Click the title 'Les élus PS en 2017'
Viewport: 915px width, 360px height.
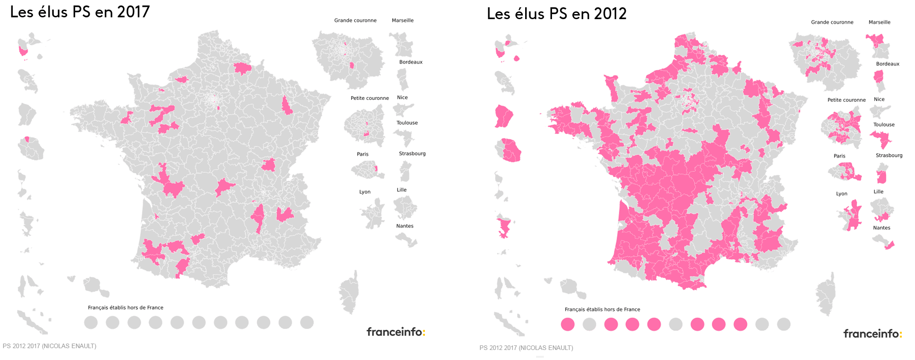tap(80, 12)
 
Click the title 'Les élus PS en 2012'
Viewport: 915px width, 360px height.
tap(557, 14)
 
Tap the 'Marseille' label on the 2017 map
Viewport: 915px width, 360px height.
tap(403, 21)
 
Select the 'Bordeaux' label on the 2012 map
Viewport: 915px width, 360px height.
tap(888, 64)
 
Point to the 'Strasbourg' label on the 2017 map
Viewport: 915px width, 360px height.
tap(412, 154)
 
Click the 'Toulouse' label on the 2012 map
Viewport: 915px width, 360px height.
tap(884, 124)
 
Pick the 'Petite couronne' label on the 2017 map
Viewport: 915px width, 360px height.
tap(369, 98)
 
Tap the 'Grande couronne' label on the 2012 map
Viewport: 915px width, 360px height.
tap(832, 22)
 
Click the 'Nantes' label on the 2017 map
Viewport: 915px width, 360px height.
tap(405, 226)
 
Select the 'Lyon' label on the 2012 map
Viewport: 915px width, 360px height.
tap(842, 194)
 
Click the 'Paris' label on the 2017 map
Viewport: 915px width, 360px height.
tap(363, 154)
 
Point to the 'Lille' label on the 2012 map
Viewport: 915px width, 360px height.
tap(879, 192)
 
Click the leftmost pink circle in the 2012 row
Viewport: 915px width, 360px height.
tap(567, 324)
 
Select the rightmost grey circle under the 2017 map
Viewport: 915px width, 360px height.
tap(307, 323)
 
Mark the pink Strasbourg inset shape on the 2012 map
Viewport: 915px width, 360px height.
tap(882, 177)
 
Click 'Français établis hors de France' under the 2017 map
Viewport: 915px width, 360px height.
tap(126, 308)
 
